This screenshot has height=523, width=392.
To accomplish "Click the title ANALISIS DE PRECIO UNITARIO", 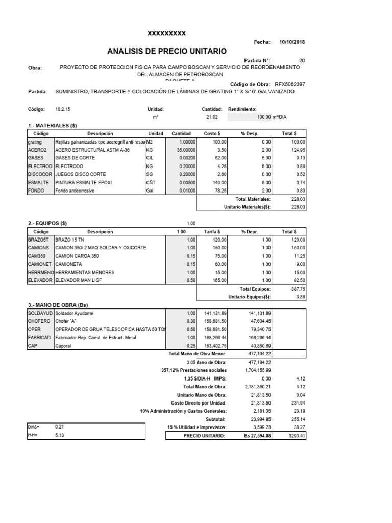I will coord(166,51).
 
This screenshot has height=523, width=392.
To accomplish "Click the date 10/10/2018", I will coord(292,42).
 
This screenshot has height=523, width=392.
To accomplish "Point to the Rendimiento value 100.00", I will coord(263,117).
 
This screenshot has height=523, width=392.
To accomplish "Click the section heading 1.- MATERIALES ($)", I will coord(52,125).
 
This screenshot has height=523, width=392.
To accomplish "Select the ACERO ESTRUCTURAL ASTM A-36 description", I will coord(85,150).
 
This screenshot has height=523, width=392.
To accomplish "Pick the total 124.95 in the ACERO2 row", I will coord(297,150).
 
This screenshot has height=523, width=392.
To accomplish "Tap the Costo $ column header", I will coord(211,133).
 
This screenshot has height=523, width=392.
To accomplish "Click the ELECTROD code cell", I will coord(40,167).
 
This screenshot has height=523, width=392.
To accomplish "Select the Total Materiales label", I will coord(253,199).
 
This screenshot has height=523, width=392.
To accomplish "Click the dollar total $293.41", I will coord(296,435).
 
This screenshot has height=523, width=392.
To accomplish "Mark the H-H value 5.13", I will coord(60,435).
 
